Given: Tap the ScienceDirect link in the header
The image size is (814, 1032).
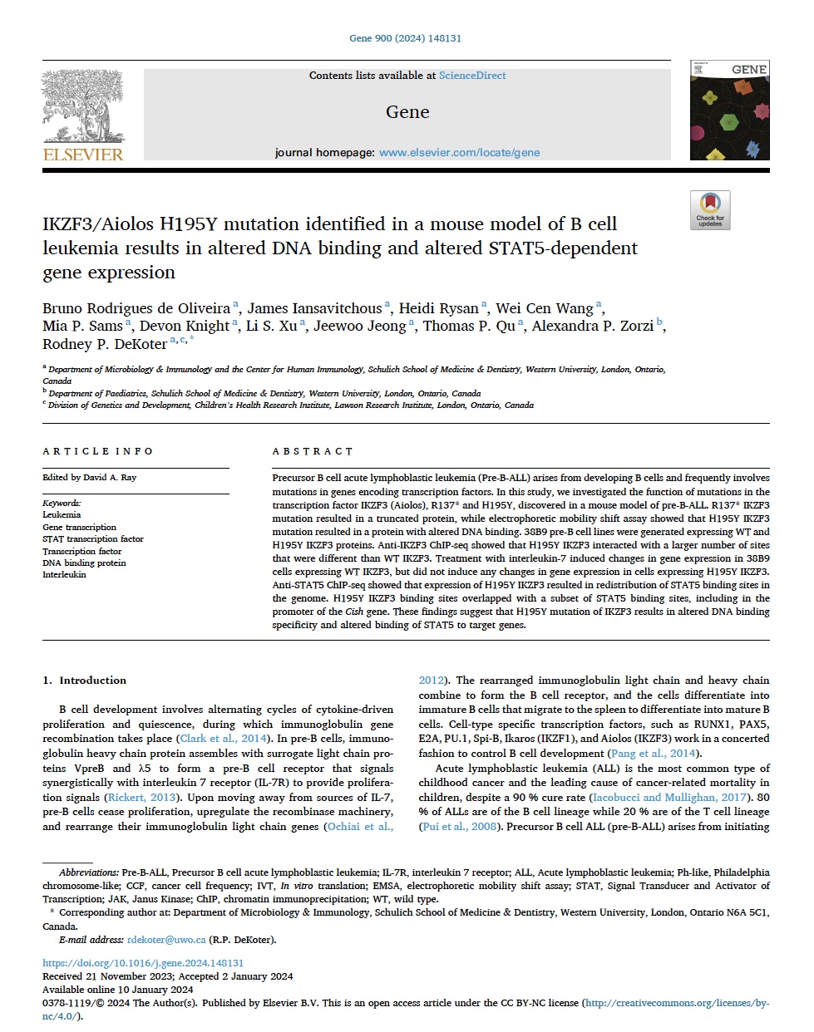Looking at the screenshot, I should tap(472, 76).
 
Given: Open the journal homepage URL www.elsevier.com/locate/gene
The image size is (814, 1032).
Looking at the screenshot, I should tap(459, 153).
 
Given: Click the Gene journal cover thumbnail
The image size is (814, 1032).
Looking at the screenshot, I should tap(729, 110).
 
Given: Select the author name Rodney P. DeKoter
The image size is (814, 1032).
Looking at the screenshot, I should tap(105, 344).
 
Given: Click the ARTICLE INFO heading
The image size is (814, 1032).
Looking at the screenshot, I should tap(98, 451).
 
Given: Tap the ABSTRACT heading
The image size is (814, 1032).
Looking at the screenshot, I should tap(313, 451).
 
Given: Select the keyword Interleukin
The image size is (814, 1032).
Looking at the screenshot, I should tap(64, 574).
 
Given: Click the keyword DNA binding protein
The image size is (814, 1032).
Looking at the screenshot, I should tap(84, 563).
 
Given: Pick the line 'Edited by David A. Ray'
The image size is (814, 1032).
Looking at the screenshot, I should tap(89, 478).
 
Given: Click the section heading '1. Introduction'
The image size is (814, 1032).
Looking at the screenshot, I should tap(85, 681).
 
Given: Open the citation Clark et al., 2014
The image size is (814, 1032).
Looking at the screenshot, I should tap(223, 739).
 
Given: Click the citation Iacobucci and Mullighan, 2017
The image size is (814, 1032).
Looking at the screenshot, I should tap(655, 797).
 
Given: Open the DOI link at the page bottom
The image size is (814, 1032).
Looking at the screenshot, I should tap(143, 964).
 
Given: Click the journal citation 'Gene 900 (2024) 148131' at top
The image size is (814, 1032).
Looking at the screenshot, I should tap(405, 38).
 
